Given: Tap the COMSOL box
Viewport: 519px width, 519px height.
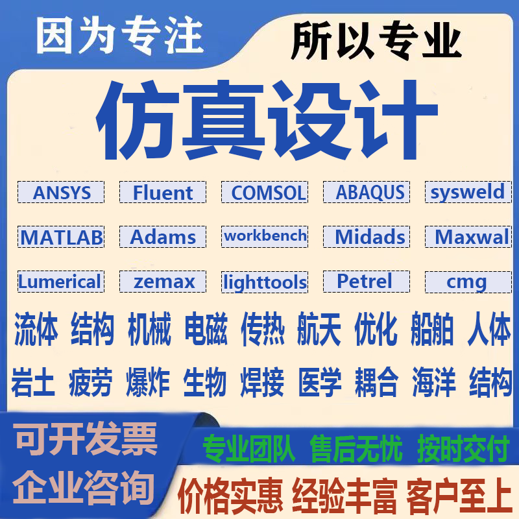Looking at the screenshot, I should click(264, 193).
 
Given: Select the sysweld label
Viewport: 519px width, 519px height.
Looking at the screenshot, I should click(467, 192).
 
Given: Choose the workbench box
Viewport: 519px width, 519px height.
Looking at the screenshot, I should click(264, 236).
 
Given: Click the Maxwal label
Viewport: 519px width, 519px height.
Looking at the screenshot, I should click(468, 237).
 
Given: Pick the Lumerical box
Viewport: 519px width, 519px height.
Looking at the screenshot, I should click(60, 282).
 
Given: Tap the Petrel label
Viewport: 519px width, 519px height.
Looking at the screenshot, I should click(366, 281).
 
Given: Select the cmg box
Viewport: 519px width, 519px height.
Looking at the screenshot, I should click(467, 282).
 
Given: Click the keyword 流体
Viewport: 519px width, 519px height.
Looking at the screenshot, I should click(35, 330).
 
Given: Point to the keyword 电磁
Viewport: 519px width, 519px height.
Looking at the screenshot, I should click(206, 330).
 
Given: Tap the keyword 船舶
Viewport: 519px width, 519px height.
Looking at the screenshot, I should click(432, 330).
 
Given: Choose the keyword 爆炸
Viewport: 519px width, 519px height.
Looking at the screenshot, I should click(149, 382).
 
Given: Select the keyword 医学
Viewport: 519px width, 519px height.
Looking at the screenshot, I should click(320, 382).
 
